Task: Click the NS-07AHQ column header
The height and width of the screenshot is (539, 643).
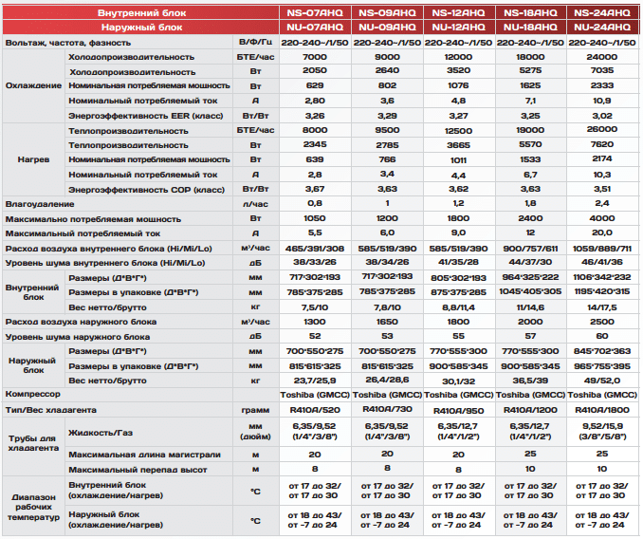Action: pos(315,12)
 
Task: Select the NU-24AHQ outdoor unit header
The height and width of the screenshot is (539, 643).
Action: pos(602,28)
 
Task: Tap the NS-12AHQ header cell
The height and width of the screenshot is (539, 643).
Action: pos(458,12)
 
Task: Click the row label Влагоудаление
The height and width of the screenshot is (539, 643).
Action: pos(40,204)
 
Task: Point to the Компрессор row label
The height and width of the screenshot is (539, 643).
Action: pos(33,394)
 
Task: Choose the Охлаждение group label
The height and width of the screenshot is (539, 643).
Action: pos(33,85)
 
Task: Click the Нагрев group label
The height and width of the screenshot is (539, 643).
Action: pos(33,159)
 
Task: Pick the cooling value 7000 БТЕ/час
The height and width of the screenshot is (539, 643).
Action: pos(315,57)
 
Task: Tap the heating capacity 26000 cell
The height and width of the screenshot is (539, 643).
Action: pos(602,129)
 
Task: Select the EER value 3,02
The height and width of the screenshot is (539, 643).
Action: pos(602,116)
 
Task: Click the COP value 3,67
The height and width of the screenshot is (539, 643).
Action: pos(315,189)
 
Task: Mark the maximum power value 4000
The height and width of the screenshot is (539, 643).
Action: pos(602,218)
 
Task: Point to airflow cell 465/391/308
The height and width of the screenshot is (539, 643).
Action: pos(315,249)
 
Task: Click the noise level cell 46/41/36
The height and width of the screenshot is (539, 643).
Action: pos(602,262)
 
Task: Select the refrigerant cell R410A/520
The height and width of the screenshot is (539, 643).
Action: pos(315,410)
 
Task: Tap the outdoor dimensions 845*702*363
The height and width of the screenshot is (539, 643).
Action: pos(602,351)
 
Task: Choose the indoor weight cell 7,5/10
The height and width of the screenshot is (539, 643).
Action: pos(315,307)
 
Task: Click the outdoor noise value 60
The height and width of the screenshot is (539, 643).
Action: pos(602,336)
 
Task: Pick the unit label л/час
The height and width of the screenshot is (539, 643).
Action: pos(255,204)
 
